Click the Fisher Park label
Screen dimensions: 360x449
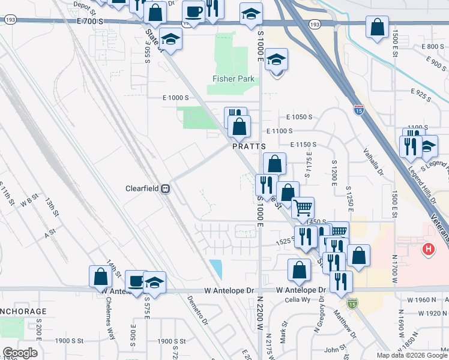[x=234, y=79]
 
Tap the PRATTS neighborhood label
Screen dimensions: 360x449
[x=245, y=146]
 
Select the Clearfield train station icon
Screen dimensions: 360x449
[x=164, y=188]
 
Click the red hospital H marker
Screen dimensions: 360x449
[x=428, y=248]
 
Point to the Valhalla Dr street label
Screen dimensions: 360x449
[x=373, y=161]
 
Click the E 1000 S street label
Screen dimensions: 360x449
[x=175, y=97]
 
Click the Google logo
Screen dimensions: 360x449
[x=20, y=353]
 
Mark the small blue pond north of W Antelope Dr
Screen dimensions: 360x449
[x=215, y=269]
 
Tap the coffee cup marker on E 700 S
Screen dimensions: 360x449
[x=194, y=12]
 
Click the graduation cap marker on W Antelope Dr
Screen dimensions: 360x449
[x=154, y=283]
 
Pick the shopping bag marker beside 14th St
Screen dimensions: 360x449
[x=101, y=277]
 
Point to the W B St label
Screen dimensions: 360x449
[x=29, y=200]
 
